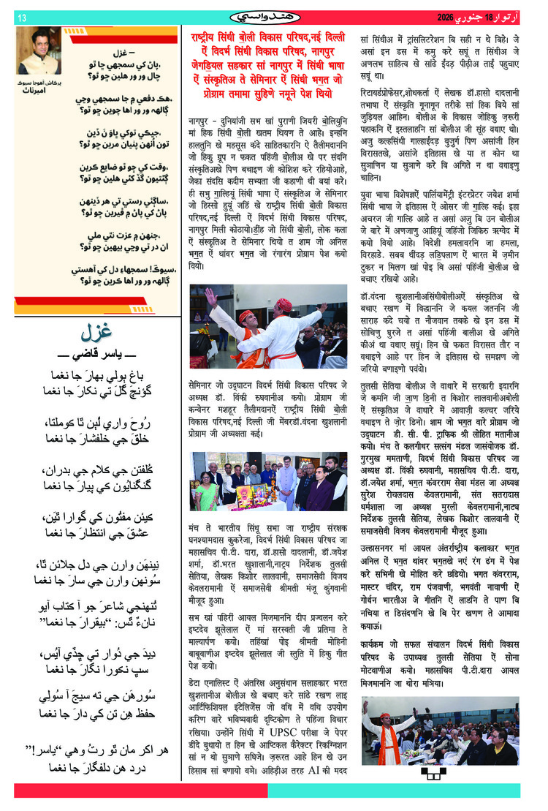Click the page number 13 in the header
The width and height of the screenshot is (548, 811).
click(21, 17)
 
